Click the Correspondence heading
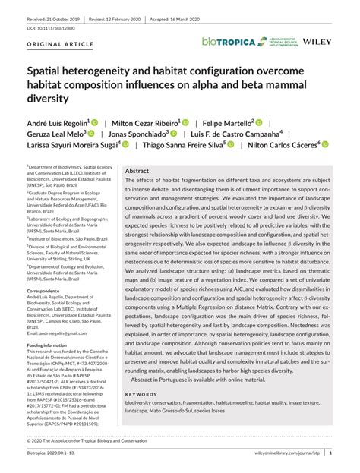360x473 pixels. (49, 291)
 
